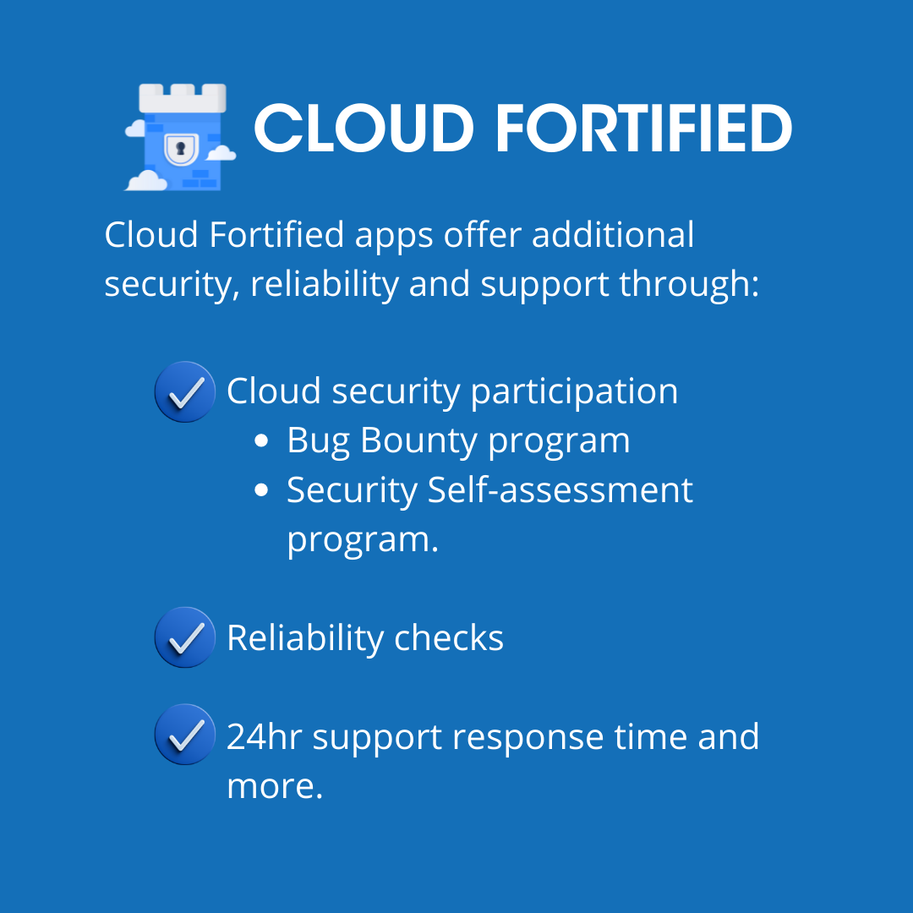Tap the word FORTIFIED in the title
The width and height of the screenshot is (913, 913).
[x=643, y=129]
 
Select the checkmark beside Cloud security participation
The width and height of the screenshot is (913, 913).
[x=185, y=391]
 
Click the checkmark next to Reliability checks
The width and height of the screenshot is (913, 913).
[x=185, y=637]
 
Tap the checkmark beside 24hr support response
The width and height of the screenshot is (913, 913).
[x=185, y=735]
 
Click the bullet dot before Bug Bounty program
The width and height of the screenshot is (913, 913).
[x=262, y=441]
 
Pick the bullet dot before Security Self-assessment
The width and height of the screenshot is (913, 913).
[x=262, y=490]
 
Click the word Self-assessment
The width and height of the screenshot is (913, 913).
[x=560, y=490]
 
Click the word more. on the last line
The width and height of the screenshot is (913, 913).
[x=275, y=785]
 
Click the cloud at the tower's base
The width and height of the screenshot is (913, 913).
[x=145, y=180]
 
